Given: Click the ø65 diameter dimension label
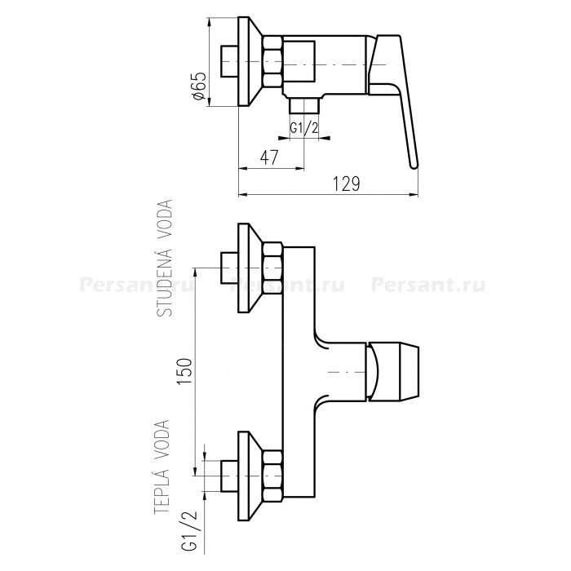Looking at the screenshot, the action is point(201,86).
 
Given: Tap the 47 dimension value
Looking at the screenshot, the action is point(269,157).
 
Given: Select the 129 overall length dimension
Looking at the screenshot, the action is point(347,184).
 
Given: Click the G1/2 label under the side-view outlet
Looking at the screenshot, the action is point(304,128).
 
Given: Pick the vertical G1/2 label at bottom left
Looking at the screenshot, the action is point(188,527).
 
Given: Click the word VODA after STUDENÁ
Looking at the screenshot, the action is point(165,220).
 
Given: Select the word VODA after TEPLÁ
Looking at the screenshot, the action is point(162,440).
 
